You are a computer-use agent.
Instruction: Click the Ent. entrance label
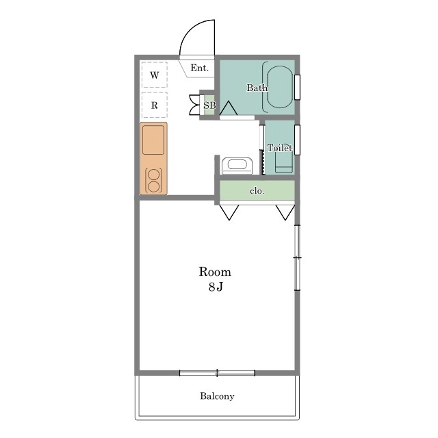(199, 68)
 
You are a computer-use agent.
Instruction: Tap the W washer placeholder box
(155, 75)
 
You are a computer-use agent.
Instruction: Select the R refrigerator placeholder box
(155, 105)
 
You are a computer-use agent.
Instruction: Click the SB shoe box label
(209, 105)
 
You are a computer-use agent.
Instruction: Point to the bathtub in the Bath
(280, 87)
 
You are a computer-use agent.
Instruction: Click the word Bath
(257, 88)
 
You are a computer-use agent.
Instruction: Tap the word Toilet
(280, 148)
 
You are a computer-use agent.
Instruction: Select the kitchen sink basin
(153, 140)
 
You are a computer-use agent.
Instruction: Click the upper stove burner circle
(153, 175)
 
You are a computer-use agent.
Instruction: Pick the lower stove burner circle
(153, 187)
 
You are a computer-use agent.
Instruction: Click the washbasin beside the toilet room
(237, 166)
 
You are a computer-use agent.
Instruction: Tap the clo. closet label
(257, 191)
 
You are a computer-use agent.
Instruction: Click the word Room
(215, 272)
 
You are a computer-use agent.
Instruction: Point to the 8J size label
(216, 287)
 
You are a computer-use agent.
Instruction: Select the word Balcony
(217, 396)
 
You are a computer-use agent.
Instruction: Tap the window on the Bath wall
(297, 87)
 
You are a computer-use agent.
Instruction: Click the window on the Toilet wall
(297, 140)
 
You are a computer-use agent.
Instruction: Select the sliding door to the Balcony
(217, 372)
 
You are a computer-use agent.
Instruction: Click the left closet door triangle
(229, 212)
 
